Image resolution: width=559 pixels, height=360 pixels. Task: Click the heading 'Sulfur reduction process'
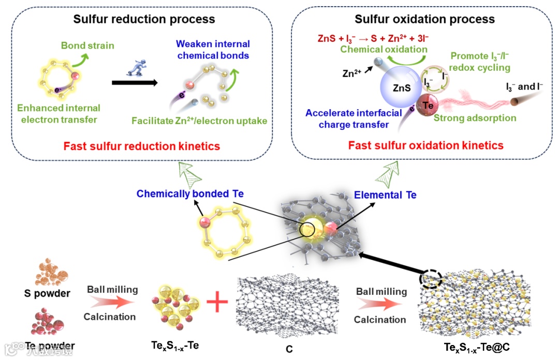144,20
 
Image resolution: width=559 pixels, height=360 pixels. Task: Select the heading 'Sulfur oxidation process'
424,20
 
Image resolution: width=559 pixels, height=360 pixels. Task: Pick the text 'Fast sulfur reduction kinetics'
141,146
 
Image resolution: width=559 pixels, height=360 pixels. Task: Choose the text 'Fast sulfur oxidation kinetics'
425,145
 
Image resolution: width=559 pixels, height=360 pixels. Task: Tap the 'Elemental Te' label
385,195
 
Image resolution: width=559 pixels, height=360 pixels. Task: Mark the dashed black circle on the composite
432,280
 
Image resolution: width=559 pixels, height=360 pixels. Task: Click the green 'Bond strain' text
87,46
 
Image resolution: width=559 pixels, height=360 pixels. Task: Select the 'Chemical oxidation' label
384,50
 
